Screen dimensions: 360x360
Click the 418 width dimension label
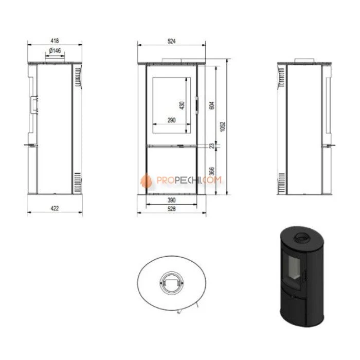point(55,41)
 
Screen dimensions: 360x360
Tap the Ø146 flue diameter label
point(55,50)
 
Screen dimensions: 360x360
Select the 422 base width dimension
point(55,208)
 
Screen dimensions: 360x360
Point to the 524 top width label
point(171,41)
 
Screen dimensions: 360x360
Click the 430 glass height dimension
point(182,105)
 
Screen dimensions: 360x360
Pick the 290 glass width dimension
point(171,120)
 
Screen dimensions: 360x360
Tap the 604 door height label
point(212,105)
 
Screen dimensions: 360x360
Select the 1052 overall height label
point(223,127)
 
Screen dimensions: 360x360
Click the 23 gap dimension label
point(212,146)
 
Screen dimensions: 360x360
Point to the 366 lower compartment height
point(212,171)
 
